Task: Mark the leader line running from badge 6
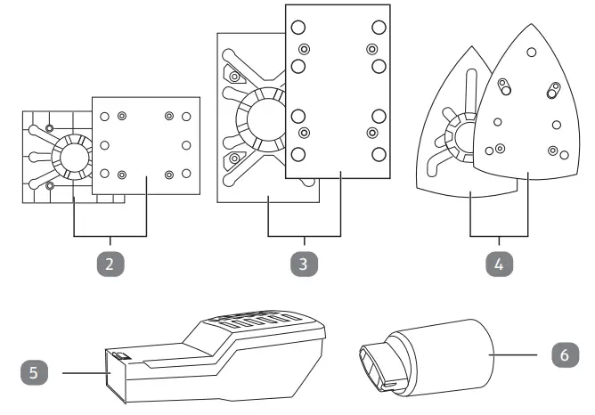(x=520, y=353)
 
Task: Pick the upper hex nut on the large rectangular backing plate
(x=237, y=78)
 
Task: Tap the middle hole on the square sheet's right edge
(x=185, y=144)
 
